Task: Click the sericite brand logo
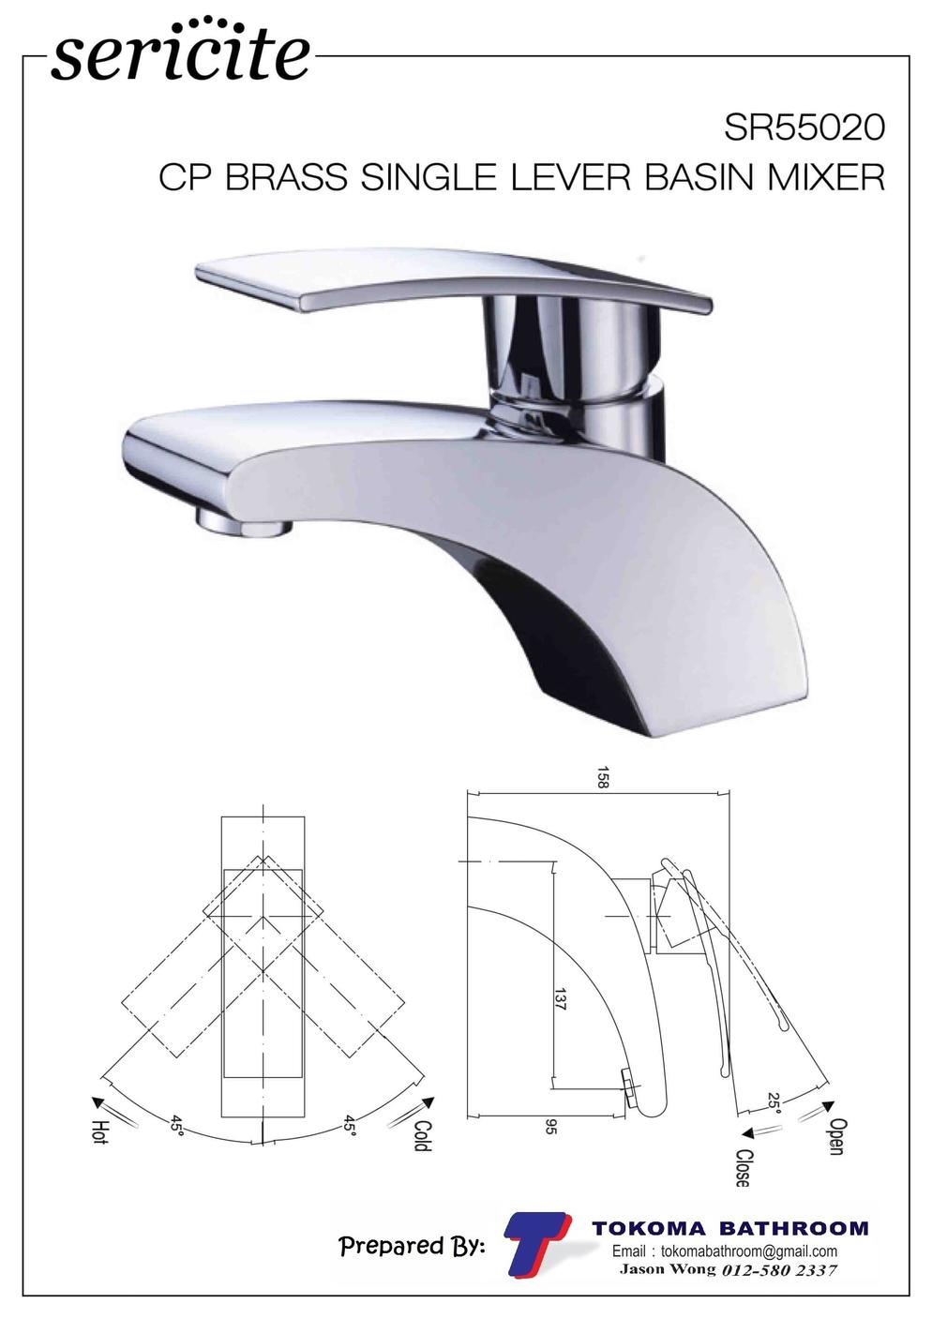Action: tap(180, 52)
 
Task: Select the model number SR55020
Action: tap(804, 127)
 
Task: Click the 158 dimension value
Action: tap(602, 777)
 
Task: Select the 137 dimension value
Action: tap(559, 998)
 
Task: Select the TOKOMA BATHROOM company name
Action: tap(729, 1228)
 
